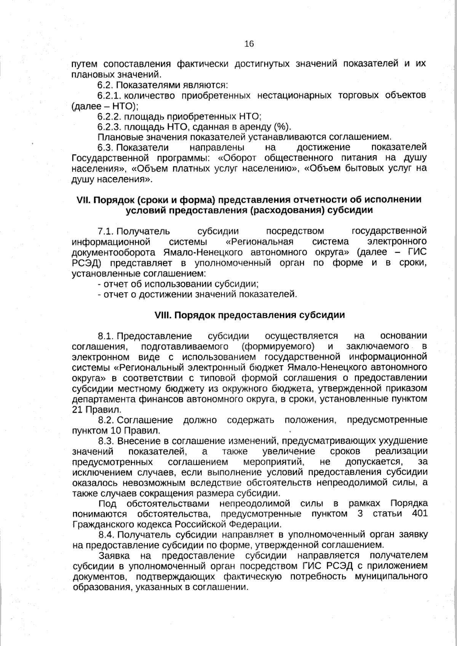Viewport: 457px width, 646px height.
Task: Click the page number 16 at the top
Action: (249, 44)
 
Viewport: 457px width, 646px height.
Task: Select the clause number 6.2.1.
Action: (109, 95)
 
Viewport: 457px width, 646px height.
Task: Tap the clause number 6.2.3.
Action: (109, 127)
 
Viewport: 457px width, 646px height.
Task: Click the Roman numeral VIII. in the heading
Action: (164, 315)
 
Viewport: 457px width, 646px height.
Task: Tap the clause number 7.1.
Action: (105, 231)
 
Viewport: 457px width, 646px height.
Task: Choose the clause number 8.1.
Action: (106, 336)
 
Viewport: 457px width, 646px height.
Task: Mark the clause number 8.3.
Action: (106, 441)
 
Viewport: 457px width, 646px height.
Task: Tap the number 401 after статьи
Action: (419, 514)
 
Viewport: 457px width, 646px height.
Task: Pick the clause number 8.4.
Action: (106, 535)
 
